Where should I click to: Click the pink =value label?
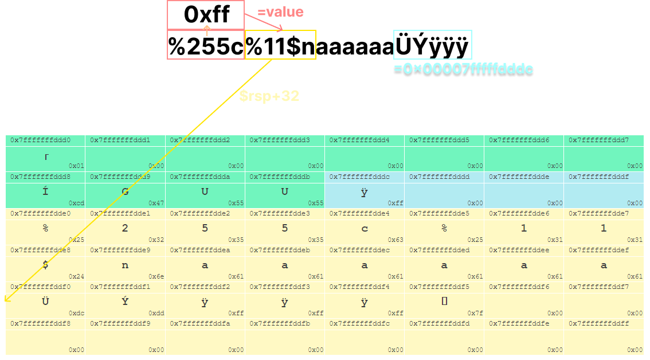coord(280,12)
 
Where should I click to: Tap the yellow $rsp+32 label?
coord(269,96)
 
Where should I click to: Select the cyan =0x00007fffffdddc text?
coord(463,69)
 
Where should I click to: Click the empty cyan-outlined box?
coord(432,45)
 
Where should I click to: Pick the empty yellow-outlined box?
coord(280,45)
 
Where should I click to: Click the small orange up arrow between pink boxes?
coord(207,30)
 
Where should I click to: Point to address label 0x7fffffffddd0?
coord(40,140)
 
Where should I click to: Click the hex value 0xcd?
coord(76,203)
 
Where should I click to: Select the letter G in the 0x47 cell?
coord(125,191)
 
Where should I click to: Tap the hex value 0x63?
coord(396,240)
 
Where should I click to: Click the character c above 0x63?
coord(365,228)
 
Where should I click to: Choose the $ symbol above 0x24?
coord(45,265)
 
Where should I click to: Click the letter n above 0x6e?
coord(125,265)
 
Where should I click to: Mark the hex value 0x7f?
coord(475,313)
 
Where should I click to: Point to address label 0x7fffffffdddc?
coord(359,177)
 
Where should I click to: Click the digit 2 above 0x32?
coord(125,228)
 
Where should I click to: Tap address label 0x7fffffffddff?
coord(598,323)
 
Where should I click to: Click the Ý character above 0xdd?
coord(125,302)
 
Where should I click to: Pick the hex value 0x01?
coord(76,166)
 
